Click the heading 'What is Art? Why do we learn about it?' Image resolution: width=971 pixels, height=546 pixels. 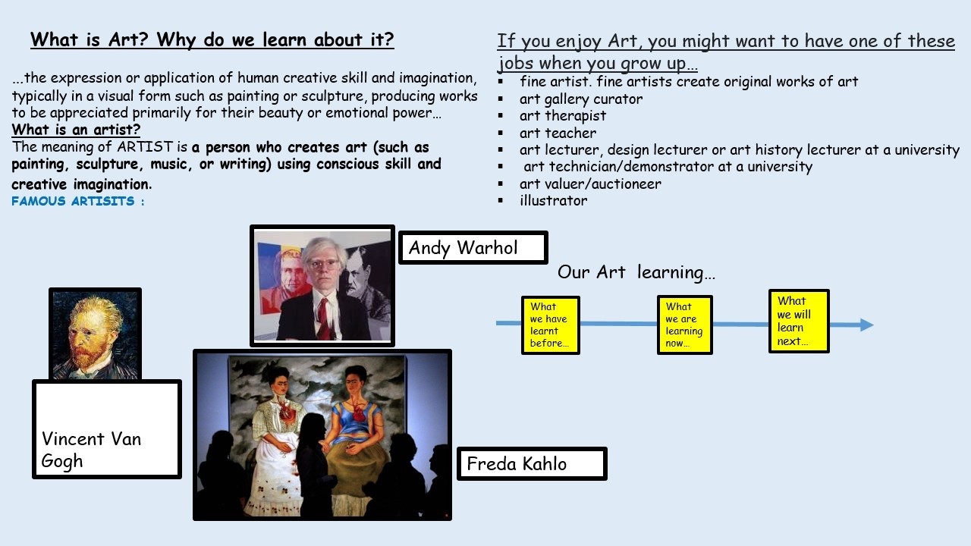[x=212, y=40]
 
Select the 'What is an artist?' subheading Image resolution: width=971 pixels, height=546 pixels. [x=76, y=130]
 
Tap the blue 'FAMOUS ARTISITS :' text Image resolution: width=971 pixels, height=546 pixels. [x=78, y=201]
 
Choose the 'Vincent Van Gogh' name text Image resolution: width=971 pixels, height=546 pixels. [x=91, y=450]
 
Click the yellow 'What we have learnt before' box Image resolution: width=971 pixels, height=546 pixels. [x=551, y=325]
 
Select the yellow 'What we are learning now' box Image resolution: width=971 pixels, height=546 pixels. [x=685, y=325]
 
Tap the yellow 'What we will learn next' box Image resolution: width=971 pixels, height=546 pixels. [x=799, y=321]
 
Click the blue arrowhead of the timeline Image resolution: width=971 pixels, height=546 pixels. [x=866, y=325]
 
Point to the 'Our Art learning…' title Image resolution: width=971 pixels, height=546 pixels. [x=636, y=272]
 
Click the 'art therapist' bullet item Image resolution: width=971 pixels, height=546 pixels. [x=563, y=116]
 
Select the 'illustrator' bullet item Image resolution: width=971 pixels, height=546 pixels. [x=554, y=201]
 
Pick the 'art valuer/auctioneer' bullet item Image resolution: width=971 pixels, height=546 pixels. [x=590, y=184]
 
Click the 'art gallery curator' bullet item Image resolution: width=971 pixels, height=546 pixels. [x=581, y=99]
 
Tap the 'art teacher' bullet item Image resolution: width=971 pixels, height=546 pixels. [x=558, y=133]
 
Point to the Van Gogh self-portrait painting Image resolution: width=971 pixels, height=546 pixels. [x=96, y=334]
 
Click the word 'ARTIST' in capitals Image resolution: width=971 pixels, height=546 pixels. [x=145, y=147]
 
